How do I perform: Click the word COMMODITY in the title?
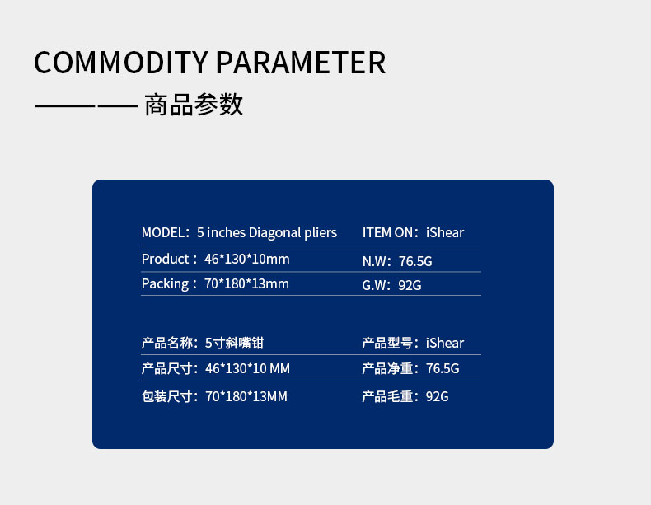pos(120,63)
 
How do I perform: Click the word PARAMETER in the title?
pos(301,63)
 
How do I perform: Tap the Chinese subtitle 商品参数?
pos(194,104)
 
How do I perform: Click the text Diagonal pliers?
pos(293,233)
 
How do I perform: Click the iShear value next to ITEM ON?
pos(445,232)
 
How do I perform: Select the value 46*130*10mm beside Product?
pos(247,259)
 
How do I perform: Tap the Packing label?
pos(166,284)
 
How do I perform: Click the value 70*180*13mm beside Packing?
pos(246,284)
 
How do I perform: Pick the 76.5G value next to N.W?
pos(415,261)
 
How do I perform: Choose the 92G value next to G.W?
pos(410,285)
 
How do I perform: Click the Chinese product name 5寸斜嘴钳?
pos(234,344)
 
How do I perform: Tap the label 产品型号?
pos(387,344)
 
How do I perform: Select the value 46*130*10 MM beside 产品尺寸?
pos(247,368)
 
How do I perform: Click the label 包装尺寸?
pos(167,397)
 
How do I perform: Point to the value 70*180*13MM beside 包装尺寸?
pos(246,397)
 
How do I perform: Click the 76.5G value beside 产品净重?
pos(443,368)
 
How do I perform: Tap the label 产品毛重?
pos(387,397)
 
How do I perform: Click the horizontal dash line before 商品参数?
pos(87,106)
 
